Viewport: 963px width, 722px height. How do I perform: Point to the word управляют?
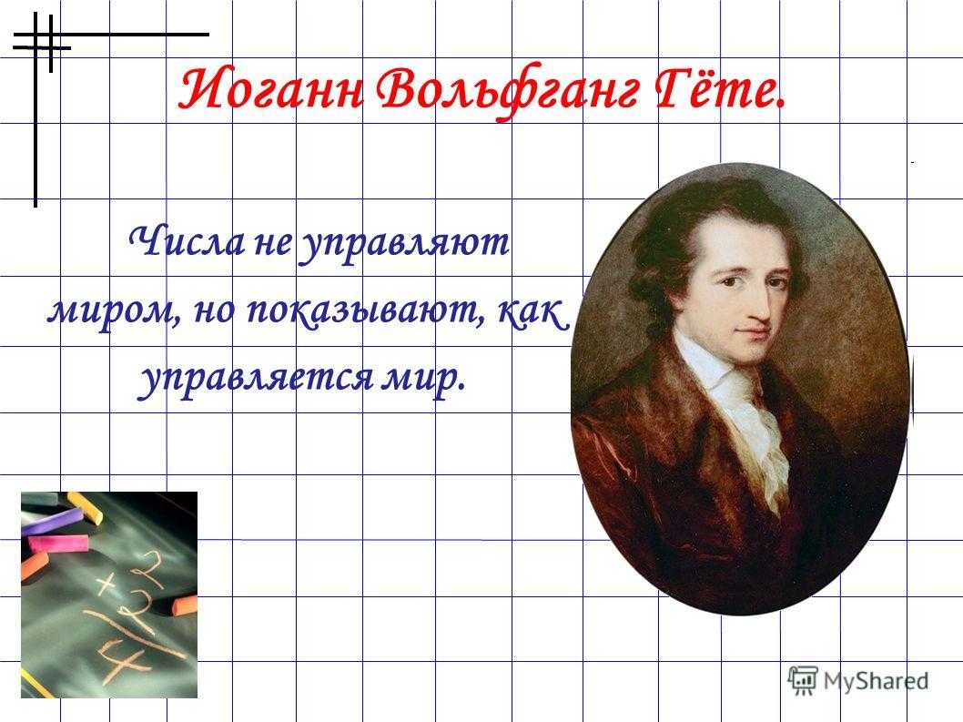point(403,245)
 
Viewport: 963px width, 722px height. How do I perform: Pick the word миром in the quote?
point(110,312)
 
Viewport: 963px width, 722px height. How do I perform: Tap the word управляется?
point(254,377)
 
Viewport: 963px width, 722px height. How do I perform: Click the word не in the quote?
point(272,244)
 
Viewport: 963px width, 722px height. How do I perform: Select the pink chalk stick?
point(58,543)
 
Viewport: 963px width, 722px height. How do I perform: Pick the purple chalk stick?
point(52,521)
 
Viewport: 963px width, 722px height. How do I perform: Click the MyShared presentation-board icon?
point(803,680)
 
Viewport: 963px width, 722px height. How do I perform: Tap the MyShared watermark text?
point(876,681)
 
